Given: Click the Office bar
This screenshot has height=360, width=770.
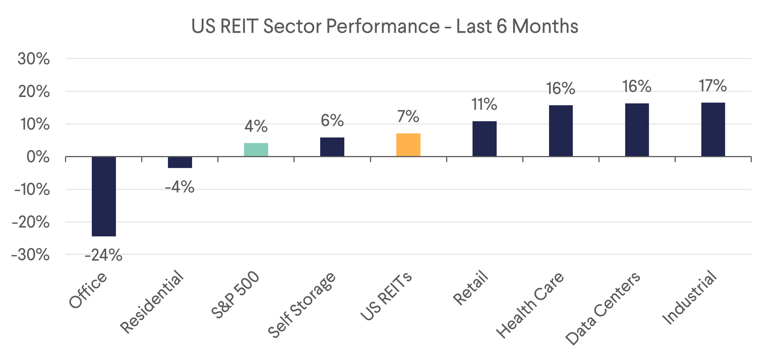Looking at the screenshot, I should (104, 196).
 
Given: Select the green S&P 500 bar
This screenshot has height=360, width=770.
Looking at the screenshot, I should (256, 149).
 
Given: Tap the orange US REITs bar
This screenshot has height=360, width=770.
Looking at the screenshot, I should (408, 145).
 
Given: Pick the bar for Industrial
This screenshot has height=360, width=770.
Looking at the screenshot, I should (713, 129).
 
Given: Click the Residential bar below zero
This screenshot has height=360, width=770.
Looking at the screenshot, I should (180, 162).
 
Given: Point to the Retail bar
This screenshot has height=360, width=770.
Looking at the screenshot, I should (484, 139).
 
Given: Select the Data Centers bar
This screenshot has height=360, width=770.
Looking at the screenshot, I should (637, 130).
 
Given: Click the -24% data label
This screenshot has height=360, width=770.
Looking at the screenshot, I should (103, 255).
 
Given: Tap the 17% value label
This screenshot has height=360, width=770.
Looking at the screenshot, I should (712, 86).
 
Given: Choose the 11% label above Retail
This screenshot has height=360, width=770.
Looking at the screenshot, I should (484, 104).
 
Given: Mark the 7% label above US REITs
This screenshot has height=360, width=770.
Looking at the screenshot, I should (408, 117).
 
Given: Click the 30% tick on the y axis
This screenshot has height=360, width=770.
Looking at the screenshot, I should (33, 59).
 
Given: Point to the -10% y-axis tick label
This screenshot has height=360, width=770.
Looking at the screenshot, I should (32, 190).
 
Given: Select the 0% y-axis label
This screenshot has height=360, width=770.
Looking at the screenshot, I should (38, 157).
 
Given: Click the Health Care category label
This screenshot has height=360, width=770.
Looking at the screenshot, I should (530, 305).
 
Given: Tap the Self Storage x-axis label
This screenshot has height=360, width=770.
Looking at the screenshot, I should (302, 305).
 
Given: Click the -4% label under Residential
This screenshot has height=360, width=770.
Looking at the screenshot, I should (180, 187).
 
